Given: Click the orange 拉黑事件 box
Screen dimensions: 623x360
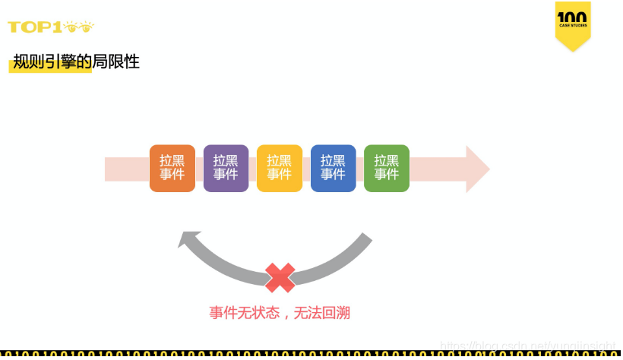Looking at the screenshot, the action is click(172, 168).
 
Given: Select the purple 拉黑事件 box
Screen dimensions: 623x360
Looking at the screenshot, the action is click(226, 168).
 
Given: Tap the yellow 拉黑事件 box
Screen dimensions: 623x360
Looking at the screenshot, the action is click(280, 168).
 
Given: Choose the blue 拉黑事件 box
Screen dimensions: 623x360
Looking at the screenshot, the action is click(333, 168).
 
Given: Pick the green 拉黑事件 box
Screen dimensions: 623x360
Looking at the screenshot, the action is click(387, 168).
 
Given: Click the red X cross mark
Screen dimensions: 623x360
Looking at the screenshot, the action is click(280, 277).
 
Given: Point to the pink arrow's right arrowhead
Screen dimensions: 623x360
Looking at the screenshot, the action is click(476, 169).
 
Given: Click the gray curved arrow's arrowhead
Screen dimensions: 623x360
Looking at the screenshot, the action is click(188, 240).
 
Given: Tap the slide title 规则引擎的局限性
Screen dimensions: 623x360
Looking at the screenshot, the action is click(76, 62).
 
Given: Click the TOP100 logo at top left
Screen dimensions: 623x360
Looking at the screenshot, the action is click(50, 27).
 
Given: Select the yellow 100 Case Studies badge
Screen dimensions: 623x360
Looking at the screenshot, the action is click(573, 24).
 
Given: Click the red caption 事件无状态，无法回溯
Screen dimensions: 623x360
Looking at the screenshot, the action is click(280, 312).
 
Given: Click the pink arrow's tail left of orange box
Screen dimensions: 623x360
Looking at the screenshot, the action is click(126, 169).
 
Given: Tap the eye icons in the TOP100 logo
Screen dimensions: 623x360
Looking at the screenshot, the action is click(80, 27).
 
